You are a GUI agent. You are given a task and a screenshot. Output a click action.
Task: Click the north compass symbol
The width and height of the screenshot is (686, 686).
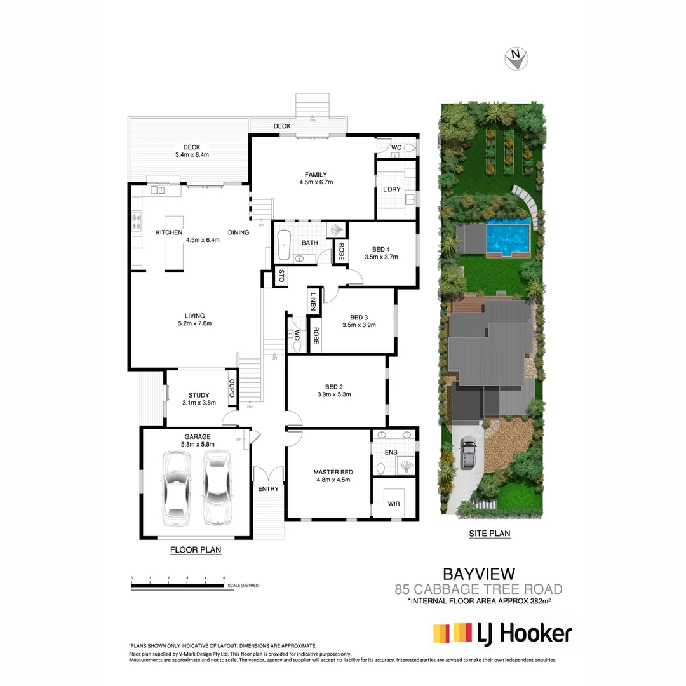tap(517, 59)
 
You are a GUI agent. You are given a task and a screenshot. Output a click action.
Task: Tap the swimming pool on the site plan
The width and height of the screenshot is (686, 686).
tap(508, 237)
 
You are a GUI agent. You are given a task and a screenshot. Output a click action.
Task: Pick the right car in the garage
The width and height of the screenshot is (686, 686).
tap(216, 485)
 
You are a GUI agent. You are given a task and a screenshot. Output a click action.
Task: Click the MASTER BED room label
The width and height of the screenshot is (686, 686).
tap(333, 472)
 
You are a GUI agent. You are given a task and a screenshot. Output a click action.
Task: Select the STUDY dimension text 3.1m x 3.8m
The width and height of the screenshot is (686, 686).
tap(199, 403)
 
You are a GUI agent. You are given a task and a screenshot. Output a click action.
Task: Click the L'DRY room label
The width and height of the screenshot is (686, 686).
tap(391, 190)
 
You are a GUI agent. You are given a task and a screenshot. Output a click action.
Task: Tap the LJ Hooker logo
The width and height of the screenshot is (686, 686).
tap(502, 633)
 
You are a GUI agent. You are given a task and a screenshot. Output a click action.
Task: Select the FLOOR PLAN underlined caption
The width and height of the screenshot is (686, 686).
tap(196, 550)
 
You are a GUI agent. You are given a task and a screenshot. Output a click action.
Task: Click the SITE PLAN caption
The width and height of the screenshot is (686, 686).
tap(489, 534)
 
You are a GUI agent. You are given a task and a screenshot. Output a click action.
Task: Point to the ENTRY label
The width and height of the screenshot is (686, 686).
tap(268, 488)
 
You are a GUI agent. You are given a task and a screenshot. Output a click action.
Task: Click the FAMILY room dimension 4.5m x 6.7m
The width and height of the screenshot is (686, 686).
tap(316, 182)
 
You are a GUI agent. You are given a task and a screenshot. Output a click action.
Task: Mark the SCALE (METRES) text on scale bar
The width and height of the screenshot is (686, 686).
tap(244, 585)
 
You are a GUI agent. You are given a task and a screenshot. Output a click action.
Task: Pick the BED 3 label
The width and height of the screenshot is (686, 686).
tap(359, 318)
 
